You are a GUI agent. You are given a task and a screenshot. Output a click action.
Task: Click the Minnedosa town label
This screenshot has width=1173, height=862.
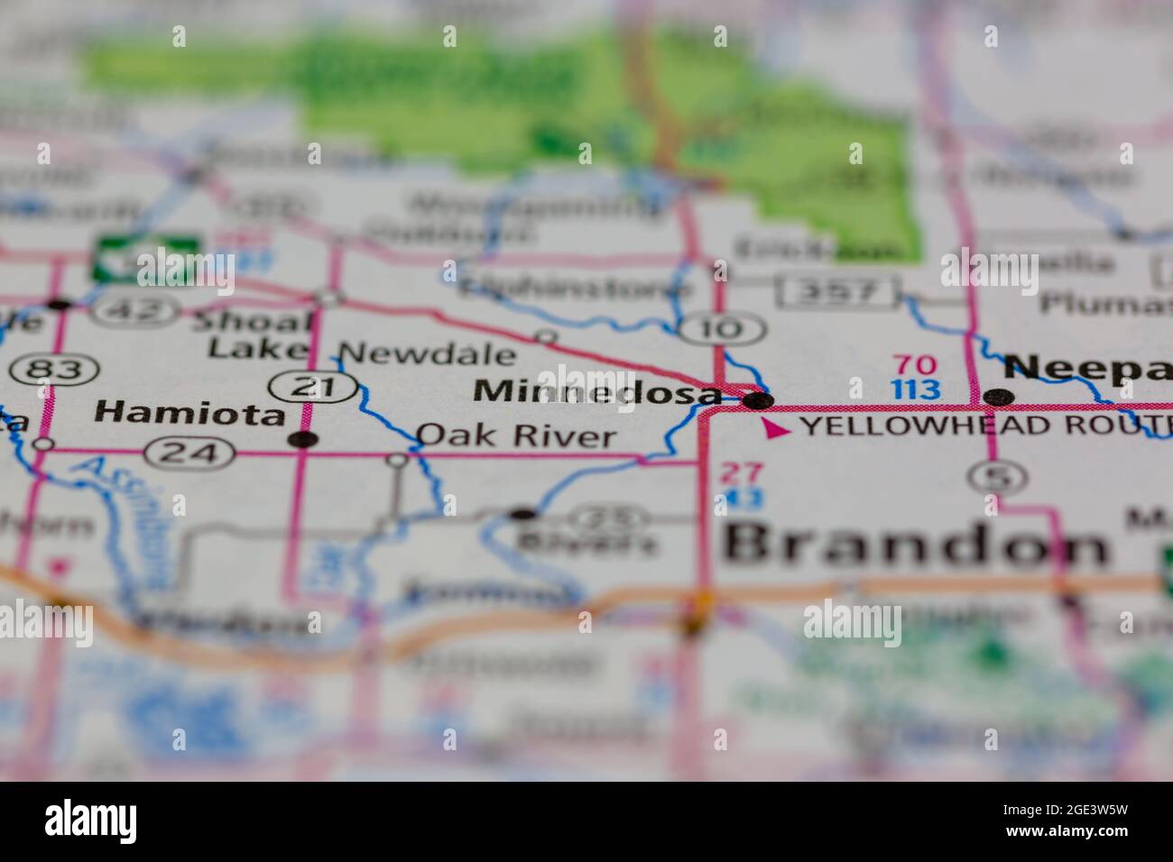click(x=597, y=392)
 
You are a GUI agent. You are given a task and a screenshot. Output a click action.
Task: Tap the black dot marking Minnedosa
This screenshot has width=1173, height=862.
click(x=761, y=399)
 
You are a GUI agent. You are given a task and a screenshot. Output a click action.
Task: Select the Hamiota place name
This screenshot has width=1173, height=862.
click(x=189, y=413)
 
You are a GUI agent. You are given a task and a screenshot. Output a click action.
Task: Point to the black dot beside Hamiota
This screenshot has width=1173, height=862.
click(x=307, y=440)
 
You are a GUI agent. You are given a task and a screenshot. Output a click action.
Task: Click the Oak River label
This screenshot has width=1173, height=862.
click(x=516, y=437)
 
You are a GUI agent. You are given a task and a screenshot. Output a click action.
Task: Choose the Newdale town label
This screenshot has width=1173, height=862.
click(x=429, y=353)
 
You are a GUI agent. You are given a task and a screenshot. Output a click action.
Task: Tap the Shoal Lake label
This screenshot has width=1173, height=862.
click(x=259, y=334)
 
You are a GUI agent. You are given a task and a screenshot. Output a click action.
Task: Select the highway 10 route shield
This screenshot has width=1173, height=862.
click(x=723, y=329)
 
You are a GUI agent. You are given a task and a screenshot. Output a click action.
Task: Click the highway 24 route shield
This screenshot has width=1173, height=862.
click(x=189, y=453)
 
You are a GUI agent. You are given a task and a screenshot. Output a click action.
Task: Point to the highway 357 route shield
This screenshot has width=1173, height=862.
click(x=840, y=291)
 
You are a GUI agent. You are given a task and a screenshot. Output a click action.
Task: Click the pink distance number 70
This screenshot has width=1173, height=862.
click(x=914, y=365)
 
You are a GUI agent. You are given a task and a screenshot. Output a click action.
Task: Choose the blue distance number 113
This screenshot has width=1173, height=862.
click(x=914, y=390)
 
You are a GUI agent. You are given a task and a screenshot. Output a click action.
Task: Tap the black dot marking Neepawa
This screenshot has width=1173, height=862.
click(x=997, y=397)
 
